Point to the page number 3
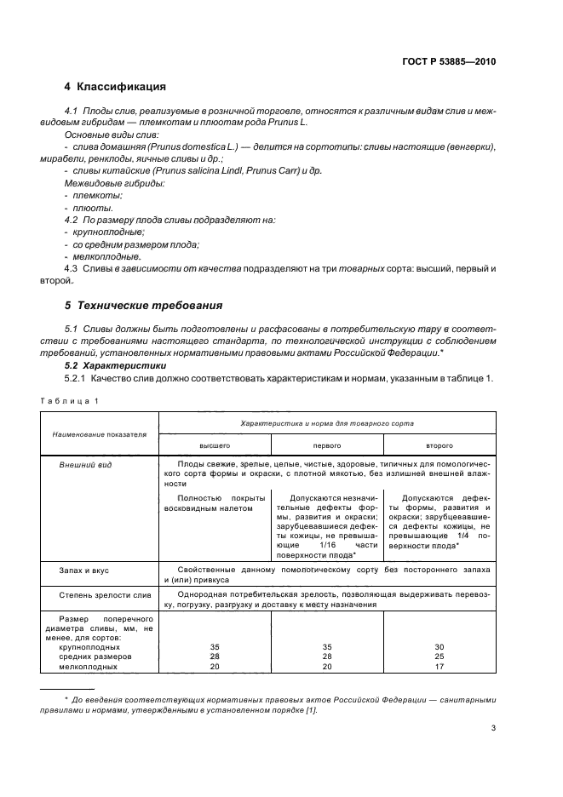click(494, 729)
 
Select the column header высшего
click(215, 445)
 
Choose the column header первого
click(328, 445)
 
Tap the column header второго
click(439, 445)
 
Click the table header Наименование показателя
click(99, 433)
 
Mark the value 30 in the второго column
click(439, 647)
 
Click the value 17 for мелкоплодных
click(439, 668)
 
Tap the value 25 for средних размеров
click(439, 657)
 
